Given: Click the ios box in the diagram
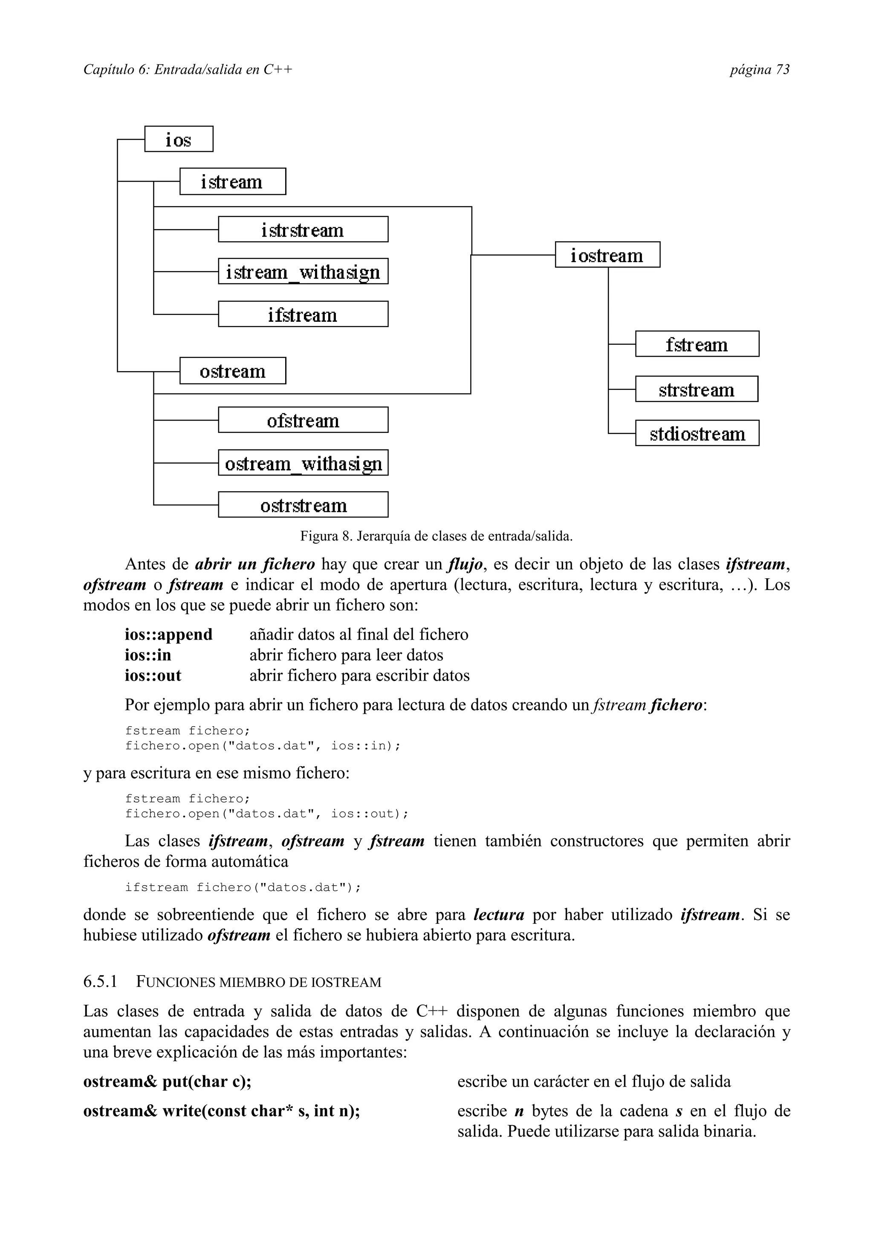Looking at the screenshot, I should point(179,139).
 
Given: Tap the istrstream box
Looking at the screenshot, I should point(303,230).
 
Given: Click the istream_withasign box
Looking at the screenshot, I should point(303,271).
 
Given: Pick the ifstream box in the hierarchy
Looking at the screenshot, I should point(303,314).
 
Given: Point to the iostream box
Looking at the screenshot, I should point(607,255).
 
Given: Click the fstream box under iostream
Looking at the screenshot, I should point(697,344).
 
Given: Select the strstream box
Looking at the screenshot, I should point(697,390).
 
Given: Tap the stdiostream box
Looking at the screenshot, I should point(697,433).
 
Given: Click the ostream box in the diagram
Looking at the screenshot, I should point(232,371).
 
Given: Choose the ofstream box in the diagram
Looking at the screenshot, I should point(303,420).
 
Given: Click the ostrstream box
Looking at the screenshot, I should point(303,505).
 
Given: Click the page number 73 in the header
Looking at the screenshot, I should point(783,69).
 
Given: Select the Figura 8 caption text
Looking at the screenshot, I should point(436,536).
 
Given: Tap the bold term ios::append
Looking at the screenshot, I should point(168,635).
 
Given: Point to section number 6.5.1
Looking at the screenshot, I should point(100,982).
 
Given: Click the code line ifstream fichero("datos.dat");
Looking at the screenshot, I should point(243,888).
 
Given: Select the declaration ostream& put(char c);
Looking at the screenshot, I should point(167,1082).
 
